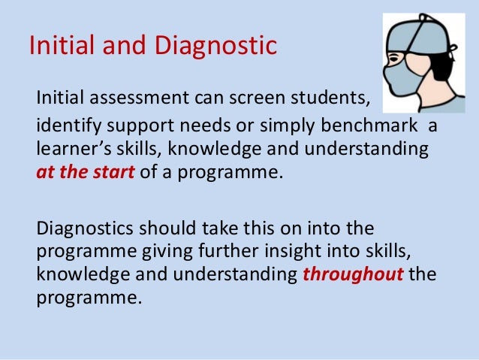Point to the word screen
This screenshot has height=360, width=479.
255,98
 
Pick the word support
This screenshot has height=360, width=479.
134,123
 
